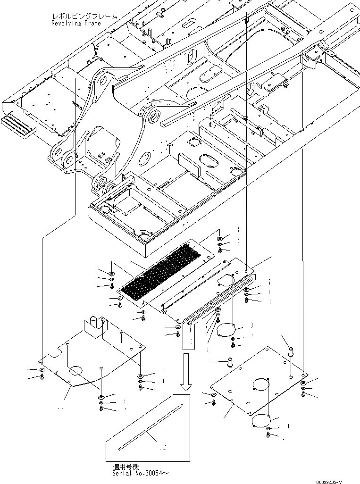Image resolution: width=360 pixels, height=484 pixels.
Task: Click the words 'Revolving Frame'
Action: click(x=76, y=23)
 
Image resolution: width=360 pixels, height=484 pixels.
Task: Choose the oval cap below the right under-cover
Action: click(x=260, y=420)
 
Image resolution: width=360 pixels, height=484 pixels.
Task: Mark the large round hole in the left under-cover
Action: click(x=77, y=371)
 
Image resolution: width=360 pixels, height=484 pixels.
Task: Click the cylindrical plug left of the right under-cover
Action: click(x=231, y=363)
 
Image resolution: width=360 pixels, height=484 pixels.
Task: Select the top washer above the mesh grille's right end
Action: click(x=220, y=239)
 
